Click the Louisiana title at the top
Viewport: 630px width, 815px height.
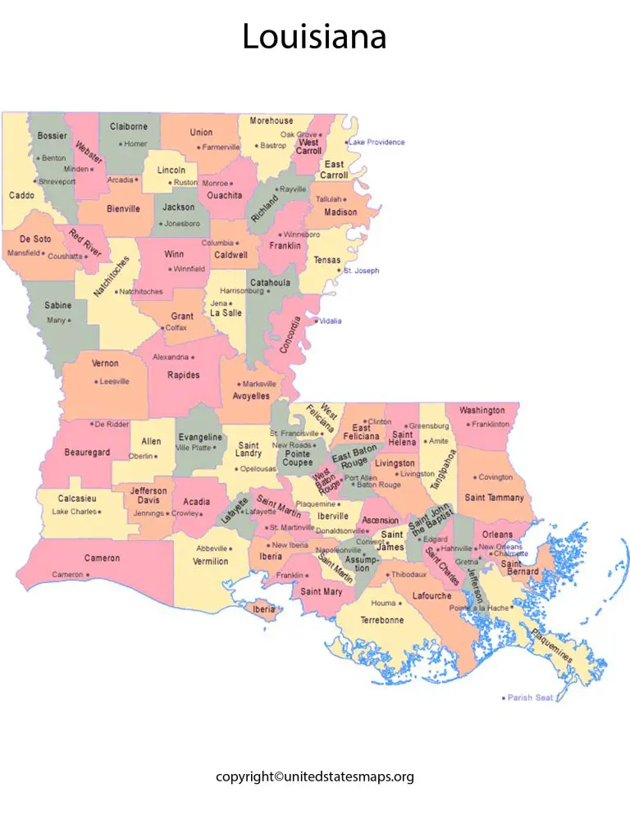pyautogui.click(x=314, y=38)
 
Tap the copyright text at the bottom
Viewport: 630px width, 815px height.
pyautogui.click(x=314, y=776)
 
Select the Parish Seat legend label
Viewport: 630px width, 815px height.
pyautogui.click(x=532, y=698)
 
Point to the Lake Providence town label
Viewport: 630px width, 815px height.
pyautogui.click(x=377, y=142)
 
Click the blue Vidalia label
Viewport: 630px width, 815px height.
pyautogui.click(x=331, y=321)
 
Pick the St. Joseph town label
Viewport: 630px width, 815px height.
pyautogui.click(x=362, y=271)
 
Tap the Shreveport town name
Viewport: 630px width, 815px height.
pyautogui.click(x=57, y=181)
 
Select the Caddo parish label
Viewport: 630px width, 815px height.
pyautogui.click(x=21, y=196)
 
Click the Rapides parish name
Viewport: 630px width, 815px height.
pyautogui.click(x=183, y=375)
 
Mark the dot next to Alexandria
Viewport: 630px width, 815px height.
pyautogui.click(x=193, y=357)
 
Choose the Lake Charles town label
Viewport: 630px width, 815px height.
pyautogui.click(x=74, y=512)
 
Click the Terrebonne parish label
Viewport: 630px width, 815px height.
pyautogui.click(x=381, y=620)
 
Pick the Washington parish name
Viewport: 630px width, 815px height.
pyautogui.click(x=482, y=410)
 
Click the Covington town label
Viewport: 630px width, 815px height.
pyautogui.click(x=495, y=477)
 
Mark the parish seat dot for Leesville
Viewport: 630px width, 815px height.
pyautogui.click(x=95, y=381)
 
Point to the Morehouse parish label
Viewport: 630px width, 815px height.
pyautogui.click(x=271, y=121)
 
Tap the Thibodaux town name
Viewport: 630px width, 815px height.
pyautogui.click(x=409, y=574)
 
